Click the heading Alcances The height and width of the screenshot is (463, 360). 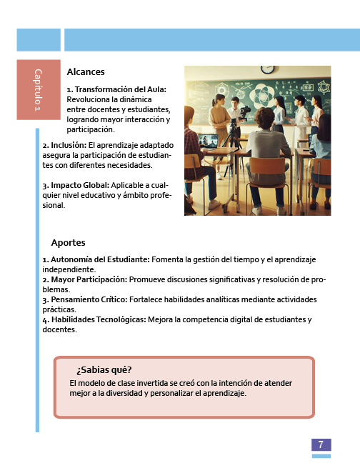[x=86, y=72]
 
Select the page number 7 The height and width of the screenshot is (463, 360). [x=321, y=444]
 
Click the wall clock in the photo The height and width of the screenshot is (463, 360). [x=267, y=69]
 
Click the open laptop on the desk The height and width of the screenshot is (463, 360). [x=208, y=140]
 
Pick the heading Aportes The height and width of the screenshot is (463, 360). [x=68, y=243]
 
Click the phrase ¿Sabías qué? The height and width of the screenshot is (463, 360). [x=104, y=370]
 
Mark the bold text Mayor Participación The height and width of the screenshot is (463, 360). [x=88, y=279]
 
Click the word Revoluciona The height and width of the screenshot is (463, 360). [x=90, y=99]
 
